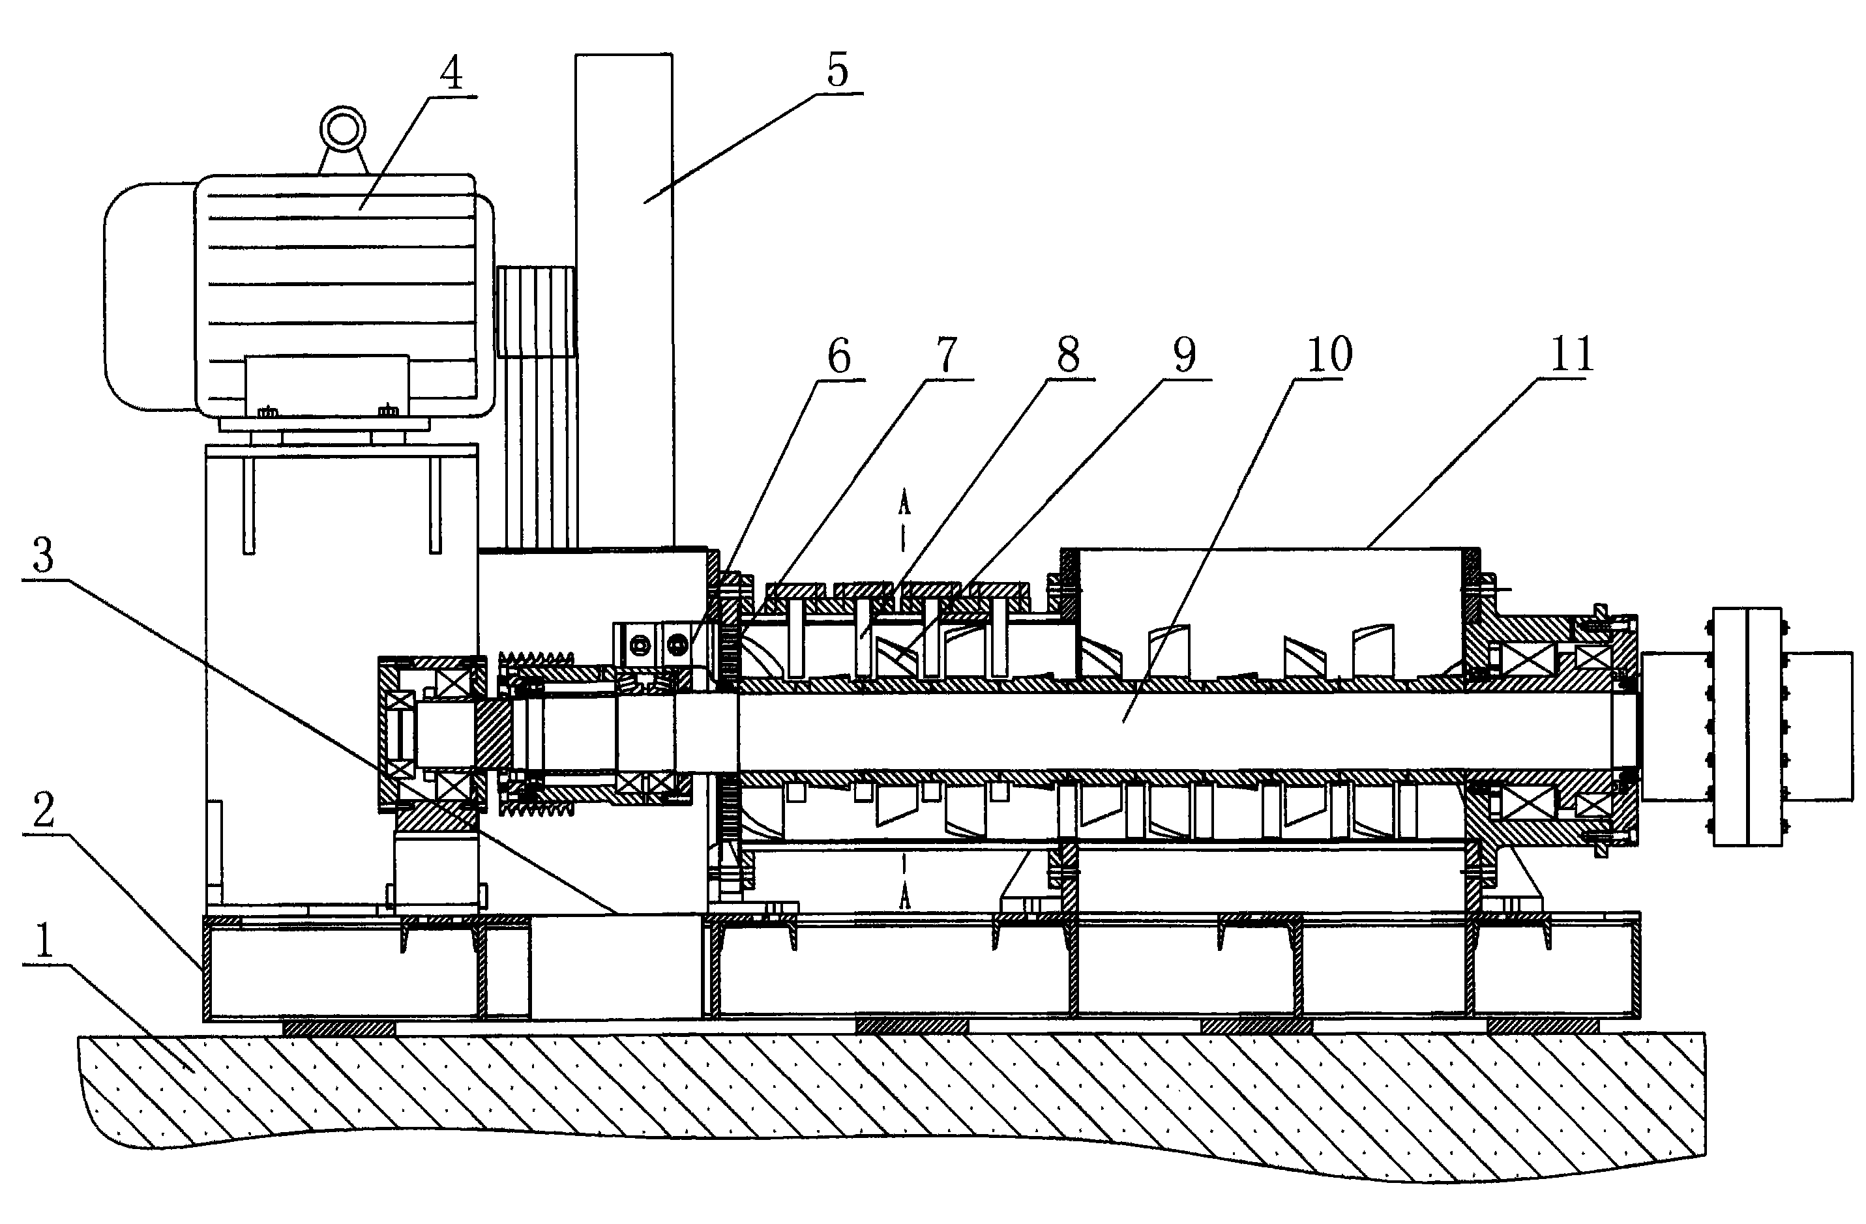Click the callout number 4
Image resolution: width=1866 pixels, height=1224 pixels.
(x=450, y=74)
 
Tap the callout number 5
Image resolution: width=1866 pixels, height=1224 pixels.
(x=837, y=71)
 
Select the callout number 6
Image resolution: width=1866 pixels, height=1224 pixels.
(x=839, y=357)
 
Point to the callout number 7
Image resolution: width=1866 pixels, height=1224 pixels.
(x=947, y=356)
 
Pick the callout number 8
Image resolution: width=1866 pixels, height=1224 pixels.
(x=1068, y=356)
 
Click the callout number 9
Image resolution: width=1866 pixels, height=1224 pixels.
(x=1185, y=356)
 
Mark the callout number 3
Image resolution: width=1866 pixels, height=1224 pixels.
(x=42, y=555)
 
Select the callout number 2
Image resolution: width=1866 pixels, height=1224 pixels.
(x=42, y=810)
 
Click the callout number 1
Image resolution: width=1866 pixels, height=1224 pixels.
(x=42, y=940)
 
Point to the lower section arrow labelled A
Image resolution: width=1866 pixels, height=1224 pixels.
(x=904, y=894)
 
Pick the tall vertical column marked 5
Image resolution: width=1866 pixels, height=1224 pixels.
(x=624, y=298)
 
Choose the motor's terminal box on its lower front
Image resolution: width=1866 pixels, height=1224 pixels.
(x=327, y=386)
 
